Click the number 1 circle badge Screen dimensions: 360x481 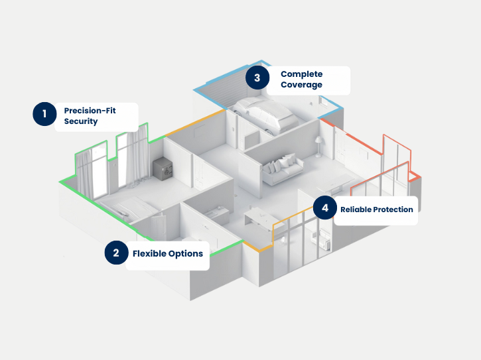pyautogui.click(x=45, y=114)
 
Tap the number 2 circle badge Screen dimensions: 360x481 pyautogui.click(x=116, y=253)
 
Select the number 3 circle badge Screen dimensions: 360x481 pyautogui.click(x=257, y=78)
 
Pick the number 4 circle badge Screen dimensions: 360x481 pyautogui.click(x=324, y=208)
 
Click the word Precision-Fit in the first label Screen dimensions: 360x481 pyautogui.click(x=90, y=110)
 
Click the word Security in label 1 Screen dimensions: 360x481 pyautogui.click(x=81, y=121)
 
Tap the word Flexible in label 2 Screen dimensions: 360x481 pyautogui.click(x=149, y=253)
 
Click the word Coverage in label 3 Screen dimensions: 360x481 pyautogui.click(x=301, y=85)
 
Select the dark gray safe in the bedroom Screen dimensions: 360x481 pyautogui.click(x=163, y=168)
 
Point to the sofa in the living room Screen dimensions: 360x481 pyautogui.click(x=283, y=170)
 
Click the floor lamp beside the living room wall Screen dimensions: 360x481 pyautogui.click(x=318, y=146)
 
